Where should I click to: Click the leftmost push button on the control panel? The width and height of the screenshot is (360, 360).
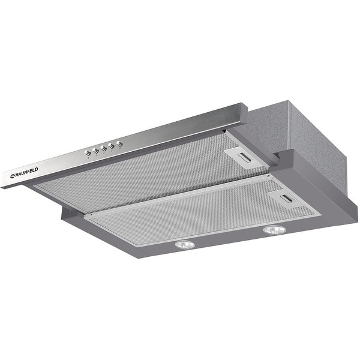[88, 152]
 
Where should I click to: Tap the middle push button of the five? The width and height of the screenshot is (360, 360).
[104, 148]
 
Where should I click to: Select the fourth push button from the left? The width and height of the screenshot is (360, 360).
[112, 146]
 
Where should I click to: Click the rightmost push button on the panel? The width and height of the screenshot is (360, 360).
[119, 144]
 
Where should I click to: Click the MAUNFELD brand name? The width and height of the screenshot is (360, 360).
[25, 173]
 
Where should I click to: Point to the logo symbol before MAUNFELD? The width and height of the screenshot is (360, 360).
[13, 176]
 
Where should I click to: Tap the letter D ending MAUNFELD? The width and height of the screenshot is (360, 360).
[37, 169]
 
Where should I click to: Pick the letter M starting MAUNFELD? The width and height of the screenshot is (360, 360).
[17, 175]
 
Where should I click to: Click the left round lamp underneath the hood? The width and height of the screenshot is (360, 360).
[185, 245]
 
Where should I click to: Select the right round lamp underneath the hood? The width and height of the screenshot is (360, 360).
[275, 230]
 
